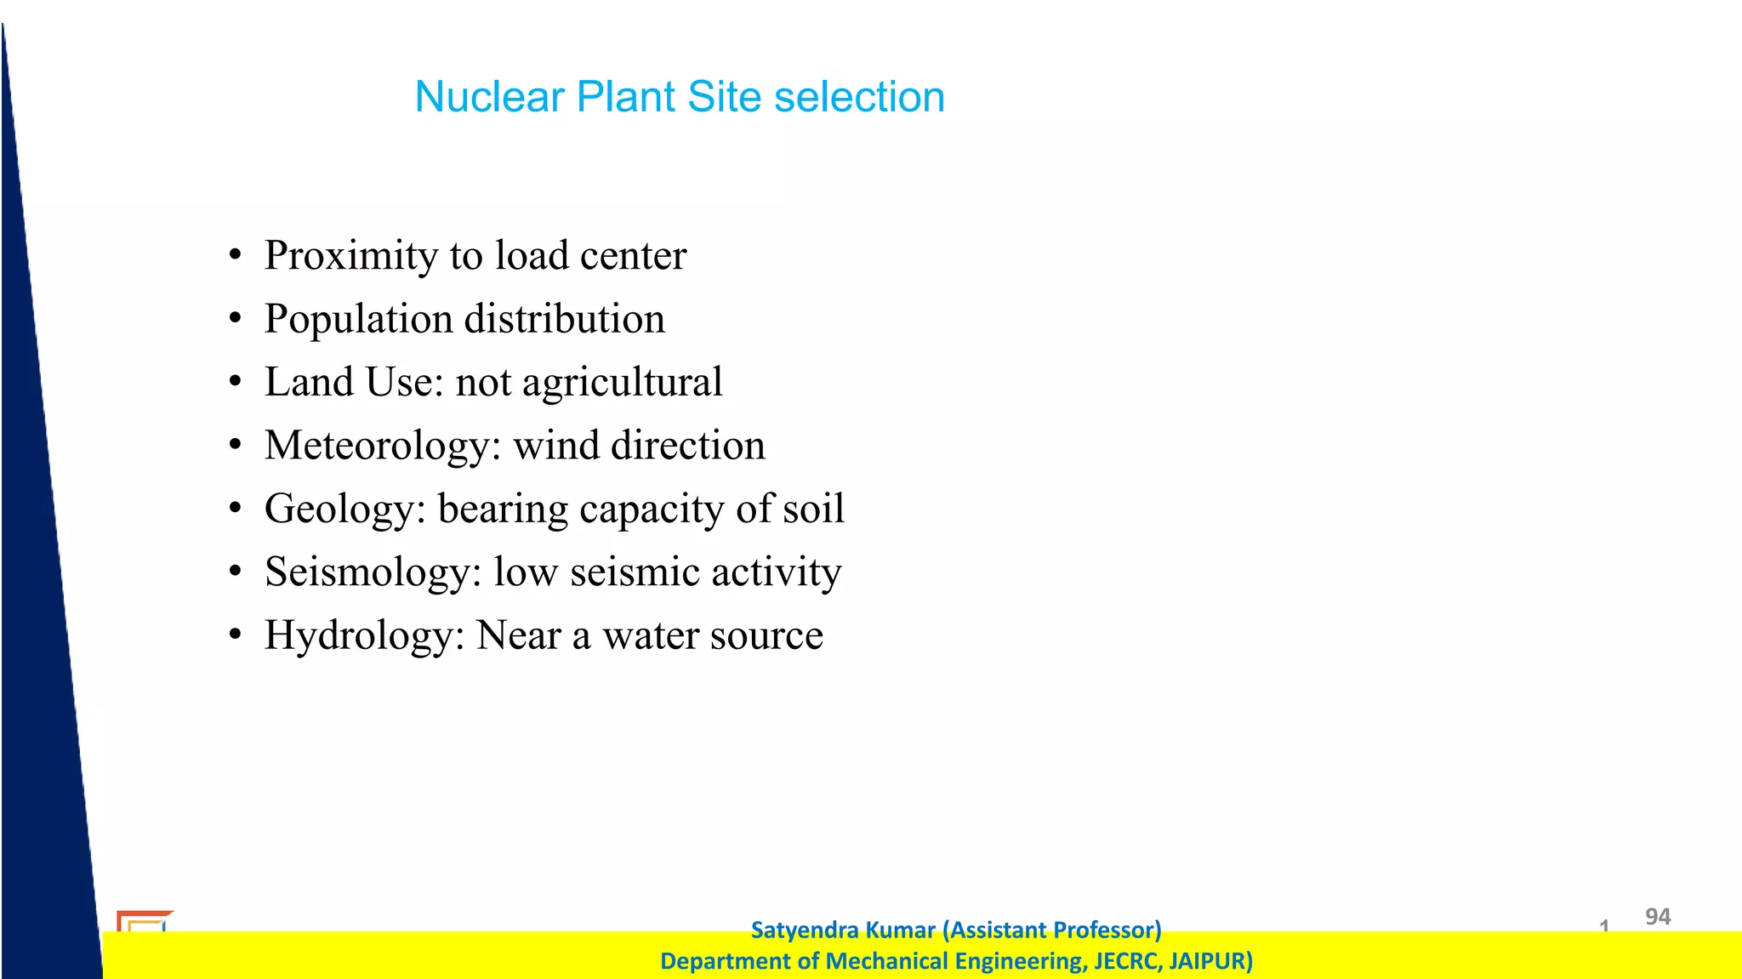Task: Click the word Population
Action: point(358,320)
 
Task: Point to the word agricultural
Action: point(622,383)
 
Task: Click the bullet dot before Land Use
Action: point(236,382)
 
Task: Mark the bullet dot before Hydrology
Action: point(236,635)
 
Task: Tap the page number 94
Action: point(1658,917)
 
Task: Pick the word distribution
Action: point(564,320)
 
